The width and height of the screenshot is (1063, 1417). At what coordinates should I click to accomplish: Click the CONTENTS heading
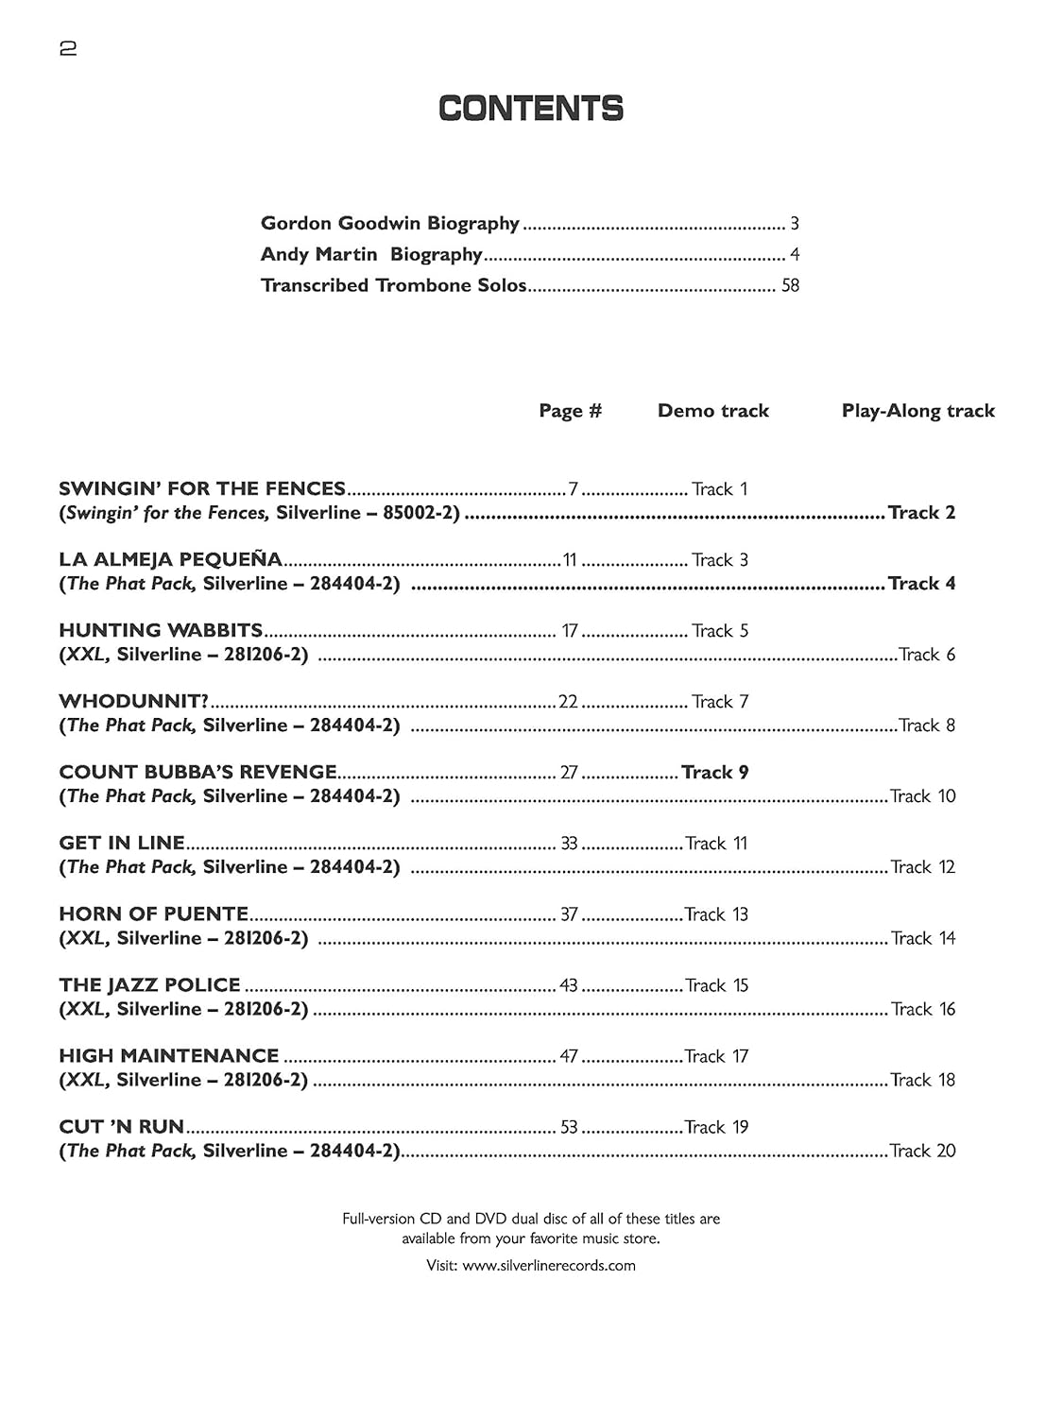[531, 109]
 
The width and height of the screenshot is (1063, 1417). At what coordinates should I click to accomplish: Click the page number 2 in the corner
[68, 49]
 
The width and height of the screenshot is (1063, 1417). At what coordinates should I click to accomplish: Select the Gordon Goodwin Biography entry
[389, 224]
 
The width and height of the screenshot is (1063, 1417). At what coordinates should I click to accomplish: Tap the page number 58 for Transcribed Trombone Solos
[790, 285]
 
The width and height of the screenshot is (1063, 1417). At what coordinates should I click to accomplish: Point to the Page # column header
[570, 411]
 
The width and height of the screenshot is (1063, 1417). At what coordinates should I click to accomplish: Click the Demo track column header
[712, 411]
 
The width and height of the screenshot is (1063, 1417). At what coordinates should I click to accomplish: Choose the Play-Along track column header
[917, 411]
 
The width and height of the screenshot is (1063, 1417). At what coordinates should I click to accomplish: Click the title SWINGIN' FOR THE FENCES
[202, 489]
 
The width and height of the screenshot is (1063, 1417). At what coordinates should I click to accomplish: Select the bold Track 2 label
[921, 513]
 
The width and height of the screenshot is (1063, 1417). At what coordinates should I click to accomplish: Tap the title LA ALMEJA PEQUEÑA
[170, 560]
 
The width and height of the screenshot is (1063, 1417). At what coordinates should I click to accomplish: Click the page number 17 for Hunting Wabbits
[569, 631]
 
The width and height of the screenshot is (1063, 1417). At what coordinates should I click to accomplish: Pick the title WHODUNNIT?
[133, 702]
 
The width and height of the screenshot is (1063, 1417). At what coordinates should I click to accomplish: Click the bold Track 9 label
[714, 773]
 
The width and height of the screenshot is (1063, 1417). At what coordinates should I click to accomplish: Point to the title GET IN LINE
[122, 844]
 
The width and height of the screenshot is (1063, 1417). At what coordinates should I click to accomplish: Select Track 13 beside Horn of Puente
[715, 914]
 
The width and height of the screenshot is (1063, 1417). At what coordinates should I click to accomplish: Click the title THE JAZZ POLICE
[149, 985]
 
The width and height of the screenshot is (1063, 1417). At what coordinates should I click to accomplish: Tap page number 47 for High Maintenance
[568, 1056]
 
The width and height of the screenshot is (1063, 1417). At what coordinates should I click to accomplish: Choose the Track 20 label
[922, 1151]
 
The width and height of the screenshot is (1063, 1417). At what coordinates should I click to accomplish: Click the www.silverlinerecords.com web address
[549, 1266]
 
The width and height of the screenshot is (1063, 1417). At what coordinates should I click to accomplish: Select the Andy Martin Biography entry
[371, 255]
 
